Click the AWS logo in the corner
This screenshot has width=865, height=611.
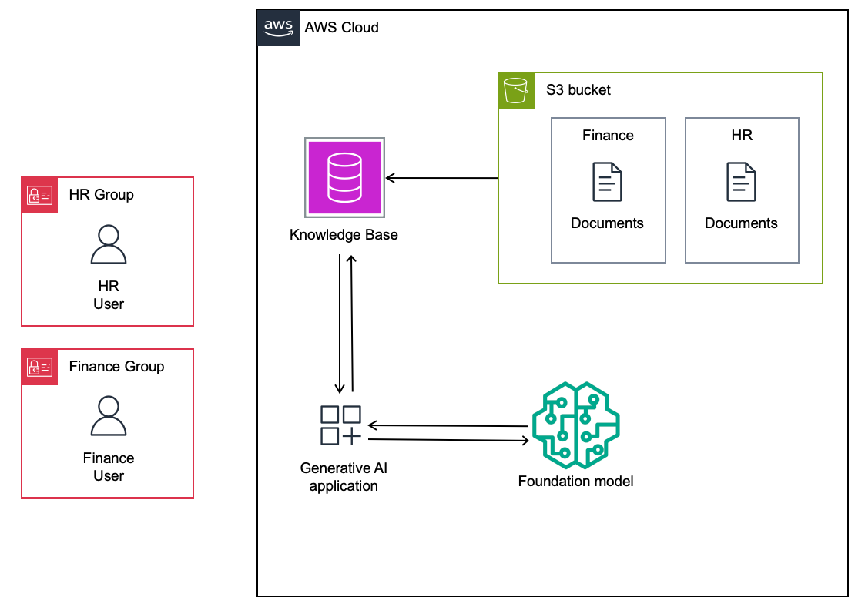coord(278,28)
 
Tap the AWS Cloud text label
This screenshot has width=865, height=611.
coord(342,28)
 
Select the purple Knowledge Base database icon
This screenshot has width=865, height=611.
coord(344,176)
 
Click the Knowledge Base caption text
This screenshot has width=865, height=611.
coord(344,234)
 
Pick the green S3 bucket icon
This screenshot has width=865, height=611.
coord(516,90)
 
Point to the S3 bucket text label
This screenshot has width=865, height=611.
coord(578,89)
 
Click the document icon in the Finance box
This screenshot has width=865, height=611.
coord(607,182)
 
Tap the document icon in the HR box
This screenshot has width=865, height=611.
coord(741,182)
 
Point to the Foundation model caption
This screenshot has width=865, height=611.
coord(575,482)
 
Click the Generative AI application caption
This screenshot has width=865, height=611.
coord(344,477)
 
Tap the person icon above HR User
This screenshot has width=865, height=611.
coord(109,245)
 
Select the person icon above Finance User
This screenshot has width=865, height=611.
coord(109,417)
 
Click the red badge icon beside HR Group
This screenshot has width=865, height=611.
coord(39,195)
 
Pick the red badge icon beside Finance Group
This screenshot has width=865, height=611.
coord(39,367)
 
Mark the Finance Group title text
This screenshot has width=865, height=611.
coord(116,367)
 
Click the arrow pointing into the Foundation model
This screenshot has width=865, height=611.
coord(449,440)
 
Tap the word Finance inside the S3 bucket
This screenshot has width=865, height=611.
coord(608,136)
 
